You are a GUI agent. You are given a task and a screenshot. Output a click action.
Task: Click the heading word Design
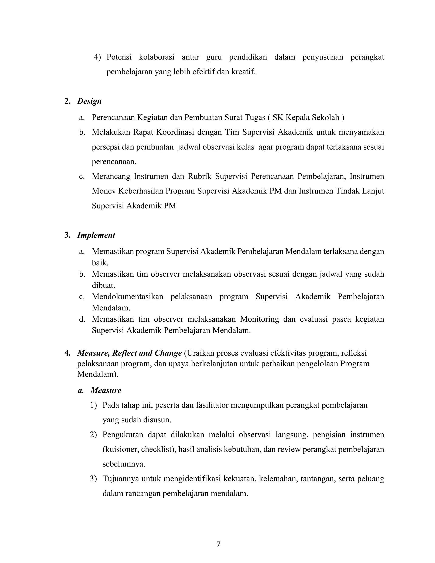(89, 101)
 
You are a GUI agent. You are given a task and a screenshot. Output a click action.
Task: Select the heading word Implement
(96, 235)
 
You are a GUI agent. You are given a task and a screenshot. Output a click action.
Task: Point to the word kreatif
(243, 72)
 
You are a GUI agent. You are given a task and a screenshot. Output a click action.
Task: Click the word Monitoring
(260, 319)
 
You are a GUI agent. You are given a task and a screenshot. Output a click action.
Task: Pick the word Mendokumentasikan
(128, 296)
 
